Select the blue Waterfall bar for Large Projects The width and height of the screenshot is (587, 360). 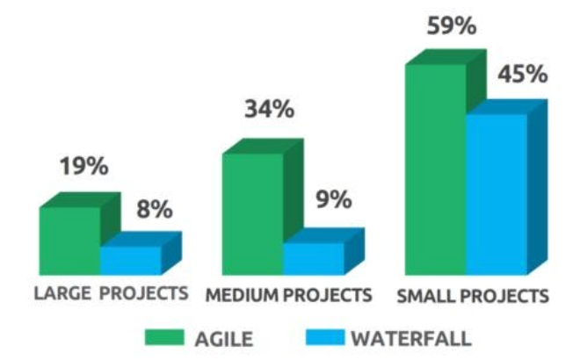point(130,260)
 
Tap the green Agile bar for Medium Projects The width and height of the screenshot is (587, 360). point(252,213)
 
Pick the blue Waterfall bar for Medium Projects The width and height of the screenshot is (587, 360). point(313,258)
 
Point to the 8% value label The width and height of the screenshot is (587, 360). point(155,210)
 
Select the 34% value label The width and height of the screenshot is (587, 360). point(269,111)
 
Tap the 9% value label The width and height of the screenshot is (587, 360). point(333,198)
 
